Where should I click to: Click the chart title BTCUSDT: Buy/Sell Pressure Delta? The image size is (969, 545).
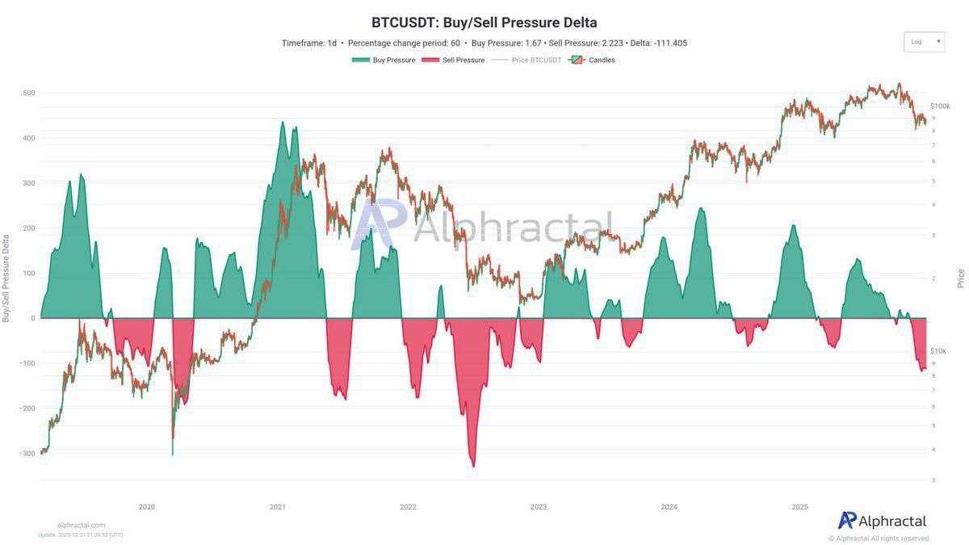pyautogui.click(x=484, y=23)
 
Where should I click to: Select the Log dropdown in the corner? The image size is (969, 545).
pyautogui.click(x=924, y=42)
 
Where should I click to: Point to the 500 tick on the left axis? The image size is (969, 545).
pyautogui.click(x=28, y=93)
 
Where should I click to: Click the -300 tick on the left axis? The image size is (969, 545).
pyautogui.click(x=27, y=454)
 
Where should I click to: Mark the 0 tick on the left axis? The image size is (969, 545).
pyautogui.click(x=32, y=318)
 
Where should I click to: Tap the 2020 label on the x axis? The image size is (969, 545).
pyautogui.click(x=146, y=507)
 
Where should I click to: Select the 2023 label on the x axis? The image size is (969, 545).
pyautogui.click(x=538, y=507)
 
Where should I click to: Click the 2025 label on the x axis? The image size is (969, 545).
pyautogui.click(x=799, y=507)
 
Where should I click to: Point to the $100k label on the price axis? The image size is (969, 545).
pyautogui.click(x=939, y=106)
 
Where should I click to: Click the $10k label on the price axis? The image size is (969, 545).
pyautogui.click(x=938, y=351)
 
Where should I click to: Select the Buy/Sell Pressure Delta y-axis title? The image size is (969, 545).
pyautogui.click(x=6, y=279)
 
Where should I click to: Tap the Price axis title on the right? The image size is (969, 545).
pyautogui.click(x=961, y=279)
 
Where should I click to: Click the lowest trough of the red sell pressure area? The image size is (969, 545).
pyautogui.click(x=473, y=466)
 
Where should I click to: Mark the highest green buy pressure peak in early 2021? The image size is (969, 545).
pyautogui.click(x=282, y=123)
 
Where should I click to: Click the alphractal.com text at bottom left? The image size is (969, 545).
pyautogui.click(x=81, y=525)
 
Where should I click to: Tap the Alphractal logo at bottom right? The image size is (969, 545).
pyautogui.click(x=882, y=521)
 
